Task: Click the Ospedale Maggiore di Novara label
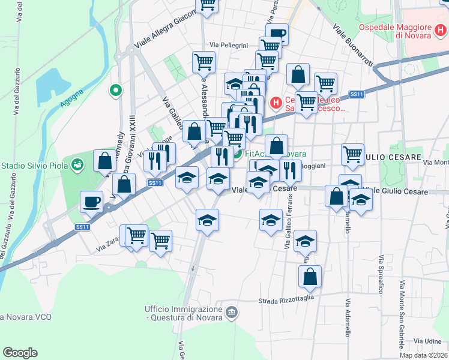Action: click(x=396, y=31)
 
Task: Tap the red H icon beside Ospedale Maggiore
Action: click(x=439, y=28)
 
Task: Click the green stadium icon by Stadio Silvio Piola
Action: click(x=77, y=164)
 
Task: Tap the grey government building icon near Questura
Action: click(x=232, y=312)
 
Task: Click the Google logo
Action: click(x=20, y=353)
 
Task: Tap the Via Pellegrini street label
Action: click(x=229, y=45)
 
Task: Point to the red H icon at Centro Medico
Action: click(x=276, y=103)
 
